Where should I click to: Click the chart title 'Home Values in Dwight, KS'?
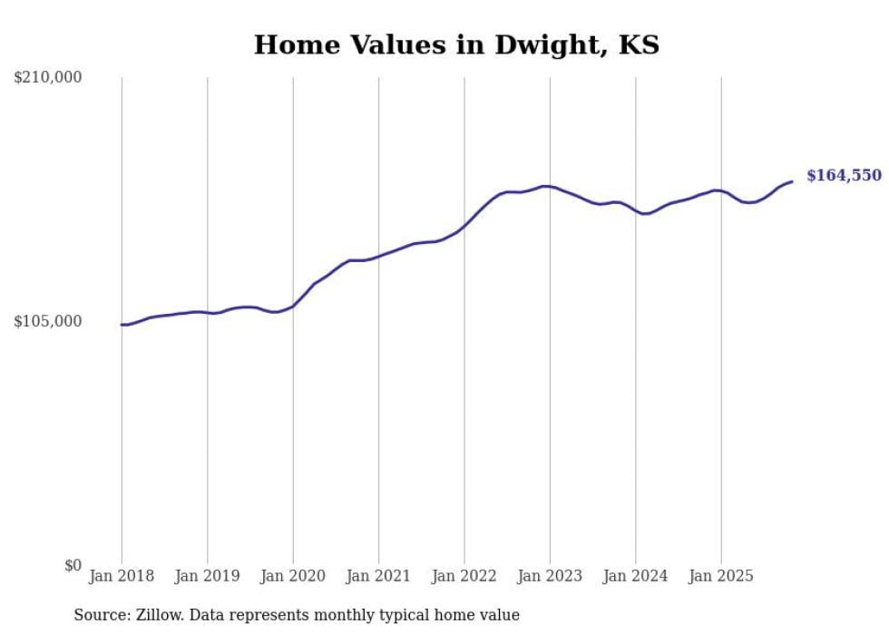point(456,44)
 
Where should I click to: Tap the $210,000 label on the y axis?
point(48,78)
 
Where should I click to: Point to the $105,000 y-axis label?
point(48,321)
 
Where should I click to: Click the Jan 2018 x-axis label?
point(122,576)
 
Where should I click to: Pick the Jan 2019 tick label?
point(207,576)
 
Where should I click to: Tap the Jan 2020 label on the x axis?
point(293,576)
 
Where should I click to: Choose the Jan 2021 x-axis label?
point(378,576)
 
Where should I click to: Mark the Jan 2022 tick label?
point(464,576)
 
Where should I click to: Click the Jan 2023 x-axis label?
point(550,576)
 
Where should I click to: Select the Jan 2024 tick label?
point(636,576)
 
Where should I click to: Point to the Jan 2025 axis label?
point(721,576)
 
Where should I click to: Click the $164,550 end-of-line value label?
point(844,175)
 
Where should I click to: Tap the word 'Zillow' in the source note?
point(144,615)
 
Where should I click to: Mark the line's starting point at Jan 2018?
point(122,325)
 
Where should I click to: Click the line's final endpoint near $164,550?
point(792,181)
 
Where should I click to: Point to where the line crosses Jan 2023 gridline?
point(550,187)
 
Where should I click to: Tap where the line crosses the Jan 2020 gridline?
point(293,306)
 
